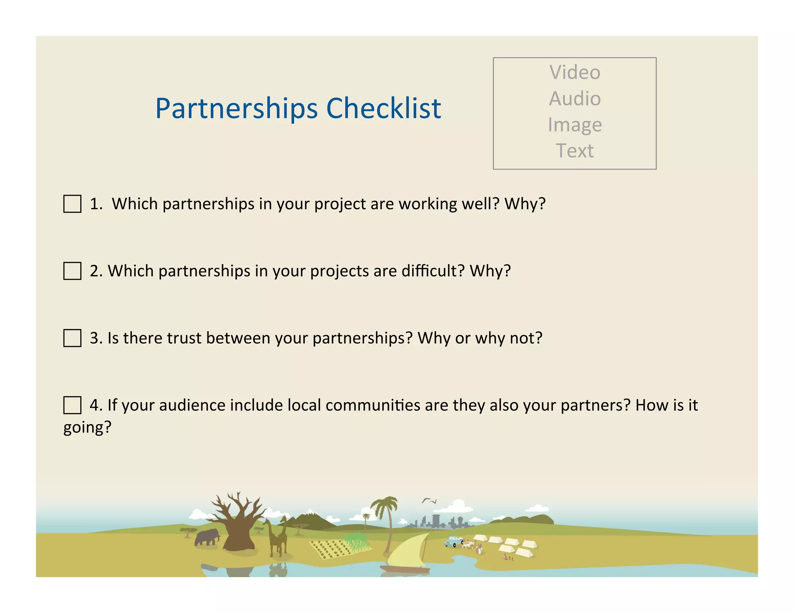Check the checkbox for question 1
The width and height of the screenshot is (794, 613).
click(x=72, y=204)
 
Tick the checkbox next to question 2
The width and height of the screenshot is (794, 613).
click(x=72, y=271)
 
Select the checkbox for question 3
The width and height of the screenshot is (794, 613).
click(x=72, y=338)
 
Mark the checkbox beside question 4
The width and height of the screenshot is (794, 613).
click(x=72, y=405)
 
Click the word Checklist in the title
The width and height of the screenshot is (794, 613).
click(x=383, y=108)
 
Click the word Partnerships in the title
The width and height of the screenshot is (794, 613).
click(x=236, y=109)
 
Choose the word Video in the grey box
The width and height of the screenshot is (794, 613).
click(x=575, y=72)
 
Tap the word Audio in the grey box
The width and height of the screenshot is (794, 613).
click(x=575, y=98)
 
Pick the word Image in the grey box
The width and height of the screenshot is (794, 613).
click(x=575, y=125)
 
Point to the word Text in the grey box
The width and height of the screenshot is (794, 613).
click(x=575, y=151)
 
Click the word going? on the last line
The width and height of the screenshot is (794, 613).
click(x=87, y=428)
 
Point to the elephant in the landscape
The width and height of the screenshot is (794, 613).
click(x=207, y=537)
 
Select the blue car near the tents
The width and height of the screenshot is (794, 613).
click(x=453, y=541)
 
